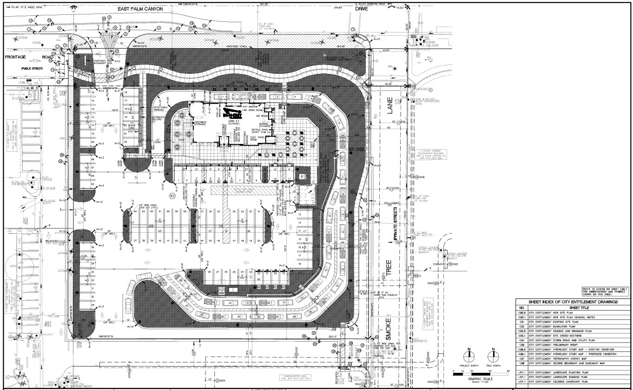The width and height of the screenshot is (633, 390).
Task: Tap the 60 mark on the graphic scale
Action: click(x=508, y=371)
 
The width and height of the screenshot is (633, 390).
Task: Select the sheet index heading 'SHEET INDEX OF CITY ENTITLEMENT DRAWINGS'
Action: click(x=572, y=302)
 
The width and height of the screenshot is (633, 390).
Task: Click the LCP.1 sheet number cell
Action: click(x=522, y=382)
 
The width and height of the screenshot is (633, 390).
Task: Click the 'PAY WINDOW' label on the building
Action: click(x=251, y=107)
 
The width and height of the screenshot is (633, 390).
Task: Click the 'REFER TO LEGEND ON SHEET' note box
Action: click(x=606, y=291)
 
